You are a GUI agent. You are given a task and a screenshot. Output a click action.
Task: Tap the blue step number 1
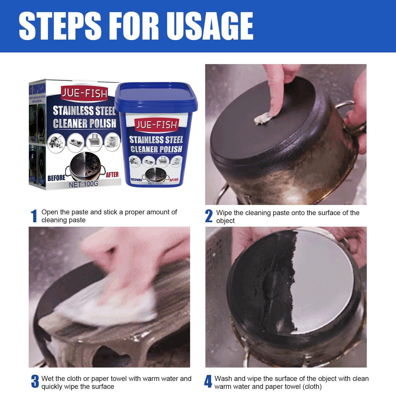[x=34, y=216]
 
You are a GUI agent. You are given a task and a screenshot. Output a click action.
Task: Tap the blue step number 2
[x=209, y=216]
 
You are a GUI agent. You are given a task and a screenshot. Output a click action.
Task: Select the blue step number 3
[x=35, y=381]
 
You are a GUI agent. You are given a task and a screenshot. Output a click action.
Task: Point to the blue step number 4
[x=208, y=381]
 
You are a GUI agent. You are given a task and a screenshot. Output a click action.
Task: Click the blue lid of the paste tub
[x=156, y=95]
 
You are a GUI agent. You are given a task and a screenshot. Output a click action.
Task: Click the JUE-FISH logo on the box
[x=84, y=94]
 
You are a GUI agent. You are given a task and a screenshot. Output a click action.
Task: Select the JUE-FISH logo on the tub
[x=156, y=125]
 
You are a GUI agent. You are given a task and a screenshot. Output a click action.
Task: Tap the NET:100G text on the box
[x=83, y=184]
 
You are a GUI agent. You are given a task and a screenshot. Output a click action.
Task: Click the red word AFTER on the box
[x=112, y=175]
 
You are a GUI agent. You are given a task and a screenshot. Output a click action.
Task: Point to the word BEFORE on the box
[x=56, y=178]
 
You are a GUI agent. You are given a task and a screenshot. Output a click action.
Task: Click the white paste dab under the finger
[x=263, y=118]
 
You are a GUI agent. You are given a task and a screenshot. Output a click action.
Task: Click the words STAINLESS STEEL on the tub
[x=156, y=140]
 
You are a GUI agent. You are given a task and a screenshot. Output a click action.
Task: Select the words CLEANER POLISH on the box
[x=84, y=124]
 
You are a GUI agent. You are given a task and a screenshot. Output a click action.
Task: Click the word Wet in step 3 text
[x=47, y=378]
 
